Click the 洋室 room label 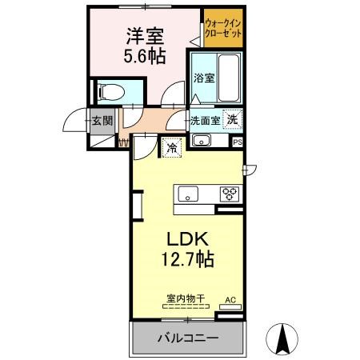(x=145, y=36)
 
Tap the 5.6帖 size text (x=145, y=55)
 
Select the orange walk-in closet (x=223, y=28)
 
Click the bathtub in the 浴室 (x=228, y=78)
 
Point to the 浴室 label (x=204, y=78)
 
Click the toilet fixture (x=111, y=92)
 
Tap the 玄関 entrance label (x=102, y=121)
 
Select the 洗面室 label (x=205, y=121)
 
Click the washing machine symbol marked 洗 (x=232, y=120)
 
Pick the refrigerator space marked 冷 (x=172, y=147)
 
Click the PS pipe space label (x=238, y=142)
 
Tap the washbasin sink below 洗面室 (x=202, y=140)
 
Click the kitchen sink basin (x=188, y=194)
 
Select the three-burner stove (x=230, y=194)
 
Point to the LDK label (x=187, y=239)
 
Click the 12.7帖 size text (x=187, y=258)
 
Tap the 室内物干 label (x=186, y=298)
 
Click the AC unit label (x=230, y=300)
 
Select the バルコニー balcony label (x=188, y=338)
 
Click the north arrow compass (x=282, y=339)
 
